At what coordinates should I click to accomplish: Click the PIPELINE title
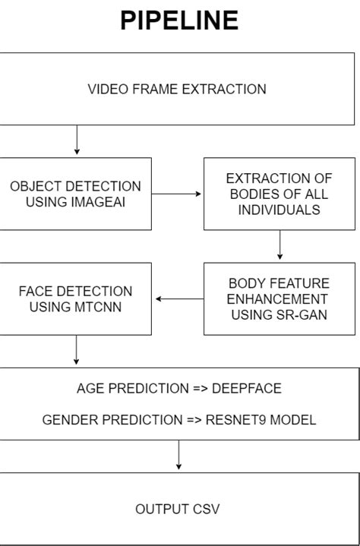(x=179, y=21)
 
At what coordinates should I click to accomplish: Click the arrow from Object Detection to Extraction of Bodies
(x=177, y=194)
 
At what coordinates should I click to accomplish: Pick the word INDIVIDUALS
(x=279, y=209)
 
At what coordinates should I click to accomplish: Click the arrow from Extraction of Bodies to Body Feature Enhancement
(x=279, y=245)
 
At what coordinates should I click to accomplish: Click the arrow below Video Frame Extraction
(x=77, y=140)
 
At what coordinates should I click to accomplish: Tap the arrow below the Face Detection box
(x=77, y=350)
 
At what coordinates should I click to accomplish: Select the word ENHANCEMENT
(x=279, y=298)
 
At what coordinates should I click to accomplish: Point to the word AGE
(x=90, y=389)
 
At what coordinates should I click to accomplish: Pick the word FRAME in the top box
(x=155, y=89)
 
